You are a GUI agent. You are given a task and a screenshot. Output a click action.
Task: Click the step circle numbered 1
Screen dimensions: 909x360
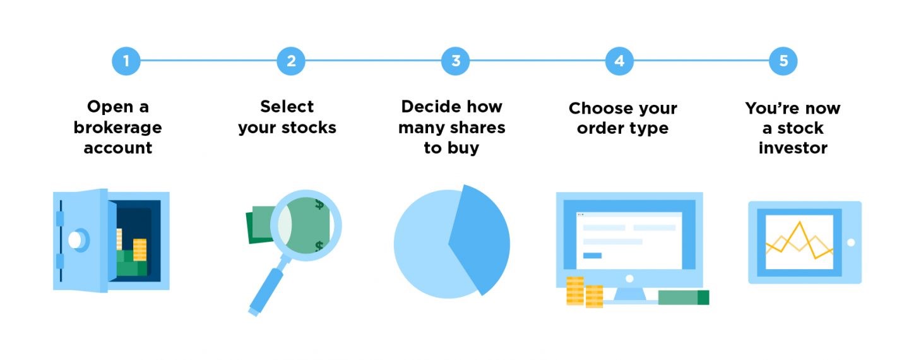[x=126, y=61]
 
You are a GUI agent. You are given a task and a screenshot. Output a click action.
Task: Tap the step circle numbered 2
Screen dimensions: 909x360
[x=291, y=61]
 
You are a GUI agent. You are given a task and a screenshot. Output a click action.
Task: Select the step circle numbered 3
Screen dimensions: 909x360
[x=455, y=61]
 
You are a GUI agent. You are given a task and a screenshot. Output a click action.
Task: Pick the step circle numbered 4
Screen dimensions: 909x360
[x=619, y=61]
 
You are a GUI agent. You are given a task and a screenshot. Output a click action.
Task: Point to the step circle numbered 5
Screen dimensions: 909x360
[x=783, y=61]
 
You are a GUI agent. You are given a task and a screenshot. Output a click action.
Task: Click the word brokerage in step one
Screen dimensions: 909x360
[x=117, y=128]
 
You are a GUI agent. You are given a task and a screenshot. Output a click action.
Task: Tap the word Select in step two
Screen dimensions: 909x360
[x=287, y=107]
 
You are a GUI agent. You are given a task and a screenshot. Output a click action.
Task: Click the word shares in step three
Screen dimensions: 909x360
[x=477, y=128]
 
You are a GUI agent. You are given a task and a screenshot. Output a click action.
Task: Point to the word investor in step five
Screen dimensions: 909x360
[x=793, y=148]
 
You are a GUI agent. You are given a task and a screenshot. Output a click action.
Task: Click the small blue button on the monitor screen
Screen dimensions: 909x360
[x=592, y=255]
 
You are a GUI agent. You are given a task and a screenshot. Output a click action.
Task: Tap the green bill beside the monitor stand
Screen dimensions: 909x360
[x=684, y=297]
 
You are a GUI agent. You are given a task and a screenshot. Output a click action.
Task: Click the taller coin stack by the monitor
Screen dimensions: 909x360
[x=575, y=291]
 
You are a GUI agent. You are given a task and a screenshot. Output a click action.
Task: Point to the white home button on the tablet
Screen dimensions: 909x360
[x=851, y=243]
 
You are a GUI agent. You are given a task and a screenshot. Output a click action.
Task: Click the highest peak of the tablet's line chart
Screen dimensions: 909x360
[x=799, y=222]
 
